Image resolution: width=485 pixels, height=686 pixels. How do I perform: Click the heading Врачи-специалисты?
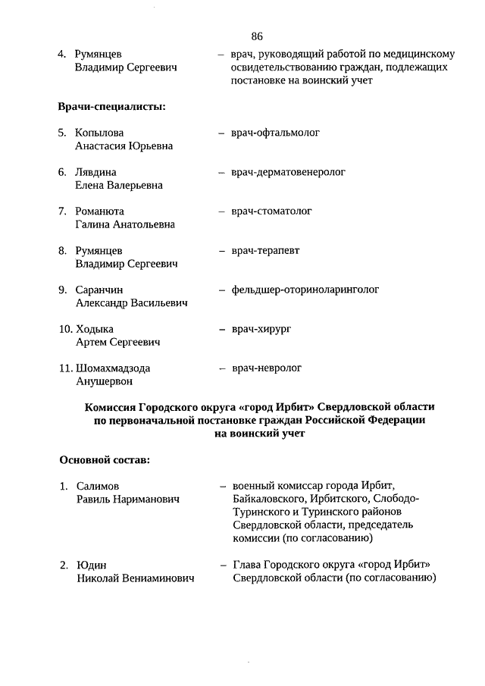(111, 106)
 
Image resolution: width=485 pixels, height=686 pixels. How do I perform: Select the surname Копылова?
(99, 133)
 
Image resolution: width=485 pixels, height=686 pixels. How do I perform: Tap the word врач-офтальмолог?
(276, 133)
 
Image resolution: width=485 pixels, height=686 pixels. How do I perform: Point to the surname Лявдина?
(96, 172)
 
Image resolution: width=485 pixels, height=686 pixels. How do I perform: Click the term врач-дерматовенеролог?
(289, 172)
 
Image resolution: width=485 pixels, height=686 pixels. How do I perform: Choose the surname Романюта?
(99, 211)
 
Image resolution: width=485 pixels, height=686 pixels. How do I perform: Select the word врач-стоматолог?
(272, 211)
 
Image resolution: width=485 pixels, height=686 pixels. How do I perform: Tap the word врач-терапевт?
(266, 250)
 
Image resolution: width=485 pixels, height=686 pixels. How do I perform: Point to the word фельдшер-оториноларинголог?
(305, 290)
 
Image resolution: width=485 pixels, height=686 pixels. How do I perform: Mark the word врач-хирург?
(262, 329)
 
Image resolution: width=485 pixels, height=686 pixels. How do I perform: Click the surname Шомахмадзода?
(113, 368)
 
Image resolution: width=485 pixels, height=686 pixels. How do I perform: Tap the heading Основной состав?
(105, 459)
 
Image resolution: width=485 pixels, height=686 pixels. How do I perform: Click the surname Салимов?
(98, 486)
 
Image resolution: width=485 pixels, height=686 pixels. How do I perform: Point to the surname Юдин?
(91, 565)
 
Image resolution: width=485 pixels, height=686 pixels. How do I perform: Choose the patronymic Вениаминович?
(161, 578)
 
